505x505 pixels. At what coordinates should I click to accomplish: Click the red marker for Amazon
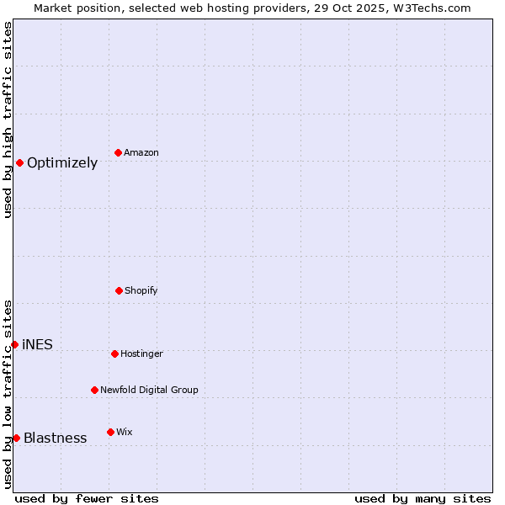pyautogui.click(x=119, y=152)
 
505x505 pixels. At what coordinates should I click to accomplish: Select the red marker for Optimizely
pyautogui.click(x=19, y=162)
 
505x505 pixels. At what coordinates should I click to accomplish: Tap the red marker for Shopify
pyautogui.click(x=119, y=290)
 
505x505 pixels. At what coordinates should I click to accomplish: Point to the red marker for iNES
pyautogui.click(x=14, y=344)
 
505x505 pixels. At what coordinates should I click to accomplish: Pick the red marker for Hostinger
pyautogui.click(x=114, y=353)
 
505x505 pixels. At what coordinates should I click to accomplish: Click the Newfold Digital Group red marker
pyautogui.click(x=94, y=390)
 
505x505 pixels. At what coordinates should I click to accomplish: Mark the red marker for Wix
pyautogui.click(x=110, y=432)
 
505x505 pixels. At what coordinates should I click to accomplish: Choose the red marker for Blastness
pyautogui.click(x=16, y=438)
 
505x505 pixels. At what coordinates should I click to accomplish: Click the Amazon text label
pyautogui.click(x=141, y=152)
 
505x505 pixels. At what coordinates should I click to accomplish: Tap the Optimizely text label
pyautogui.click(x=62, y=163)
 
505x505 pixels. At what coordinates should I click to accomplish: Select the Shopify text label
pyautogui.click(x=141, y=290)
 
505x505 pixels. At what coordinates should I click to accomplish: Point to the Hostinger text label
pyautogui.click(x=141, y=353)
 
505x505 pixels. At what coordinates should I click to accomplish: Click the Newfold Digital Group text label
pyautogui.click(x=149, y=390)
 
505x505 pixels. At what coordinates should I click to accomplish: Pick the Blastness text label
pyautogui.click(x=55, y=438)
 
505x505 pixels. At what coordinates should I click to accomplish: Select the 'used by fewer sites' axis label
pyautogui.click(x=87, y=498)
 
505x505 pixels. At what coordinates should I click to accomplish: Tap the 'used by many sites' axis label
pyautogui.click(x=423, y=498)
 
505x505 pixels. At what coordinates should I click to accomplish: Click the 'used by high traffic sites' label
pyautogui.click(x=8, y=120)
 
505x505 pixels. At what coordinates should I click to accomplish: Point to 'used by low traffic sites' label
pyautogui.click(x=8, y=394)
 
